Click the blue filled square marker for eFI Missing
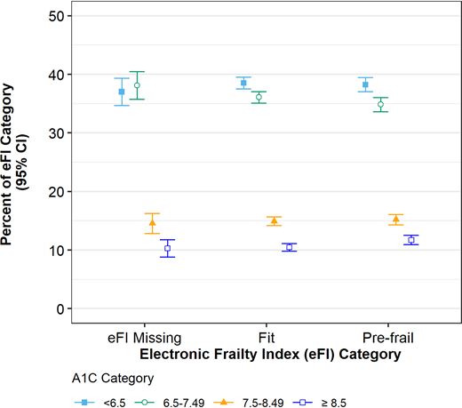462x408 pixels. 122,92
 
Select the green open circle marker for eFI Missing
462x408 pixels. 137,85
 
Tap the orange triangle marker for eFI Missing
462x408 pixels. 152,223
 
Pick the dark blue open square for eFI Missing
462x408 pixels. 167,249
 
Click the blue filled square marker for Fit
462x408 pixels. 243,83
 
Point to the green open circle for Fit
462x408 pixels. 259,97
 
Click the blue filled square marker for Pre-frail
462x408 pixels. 365,84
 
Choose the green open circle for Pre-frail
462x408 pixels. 380,104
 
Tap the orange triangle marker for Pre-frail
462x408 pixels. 395,220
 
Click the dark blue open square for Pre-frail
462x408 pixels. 410,240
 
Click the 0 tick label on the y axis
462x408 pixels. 60,308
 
